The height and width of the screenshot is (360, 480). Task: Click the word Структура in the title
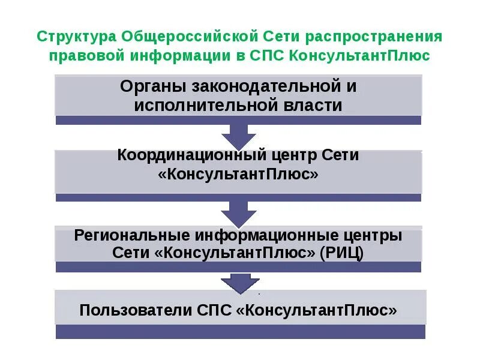click(76, 37)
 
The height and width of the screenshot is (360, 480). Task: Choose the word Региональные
click(131, 235)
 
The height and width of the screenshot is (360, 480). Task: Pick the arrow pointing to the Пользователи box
click(238, 282)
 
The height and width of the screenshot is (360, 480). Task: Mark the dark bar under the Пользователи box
click(240, 332)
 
